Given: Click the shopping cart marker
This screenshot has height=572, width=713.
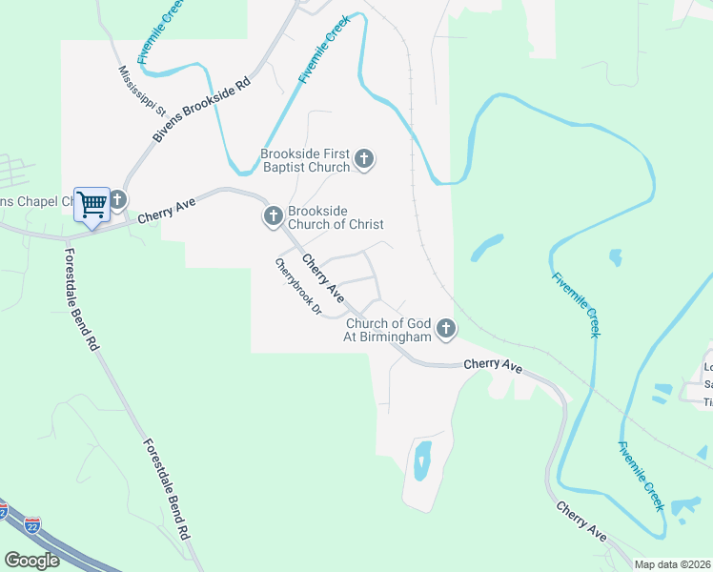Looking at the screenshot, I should click(92, 204).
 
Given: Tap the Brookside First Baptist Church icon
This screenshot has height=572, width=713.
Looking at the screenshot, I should click(364, 159).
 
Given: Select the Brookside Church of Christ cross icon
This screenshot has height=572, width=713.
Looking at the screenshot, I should click(273, 216).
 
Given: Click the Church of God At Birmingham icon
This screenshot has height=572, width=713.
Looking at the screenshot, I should click(445, 330).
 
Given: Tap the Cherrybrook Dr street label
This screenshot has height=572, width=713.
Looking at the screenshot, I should click(298, 287).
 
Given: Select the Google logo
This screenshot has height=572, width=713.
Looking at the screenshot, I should click(32, 561).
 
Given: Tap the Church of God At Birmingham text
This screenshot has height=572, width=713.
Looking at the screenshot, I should click(388, 330).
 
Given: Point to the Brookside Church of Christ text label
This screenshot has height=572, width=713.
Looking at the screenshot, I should click(336, 216).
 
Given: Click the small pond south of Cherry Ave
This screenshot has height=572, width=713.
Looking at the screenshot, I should click(422, 460).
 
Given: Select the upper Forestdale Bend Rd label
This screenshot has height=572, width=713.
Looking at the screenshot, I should click(80, 297).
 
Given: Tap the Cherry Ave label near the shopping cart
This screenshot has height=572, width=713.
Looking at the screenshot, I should click(160, 214).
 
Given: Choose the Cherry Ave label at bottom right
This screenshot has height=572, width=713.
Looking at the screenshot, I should click(581, 520).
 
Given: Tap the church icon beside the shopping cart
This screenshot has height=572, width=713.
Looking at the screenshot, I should click(118, 200).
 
